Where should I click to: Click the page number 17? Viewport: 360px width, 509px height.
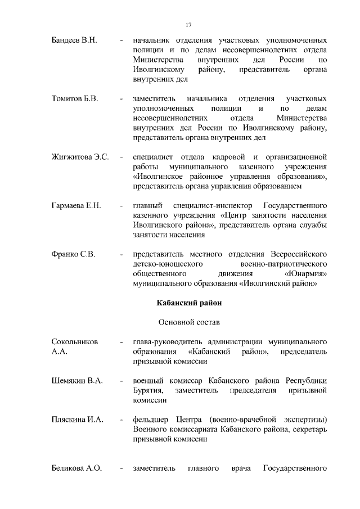click(188, 24)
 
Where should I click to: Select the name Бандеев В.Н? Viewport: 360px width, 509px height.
click(74, 41)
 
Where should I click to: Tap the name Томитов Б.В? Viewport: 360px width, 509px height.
click(75, 98)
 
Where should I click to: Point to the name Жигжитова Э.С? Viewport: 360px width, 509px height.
click(80, 156)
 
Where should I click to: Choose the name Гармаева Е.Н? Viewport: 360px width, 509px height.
click(76, 205)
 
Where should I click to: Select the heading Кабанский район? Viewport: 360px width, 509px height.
click(188, 303)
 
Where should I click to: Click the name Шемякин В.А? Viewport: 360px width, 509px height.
click(76, 381)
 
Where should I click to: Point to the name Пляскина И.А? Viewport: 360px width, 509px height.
click(76, 420)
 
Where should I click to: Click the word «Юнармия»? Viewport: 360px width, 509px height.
click(306, 273)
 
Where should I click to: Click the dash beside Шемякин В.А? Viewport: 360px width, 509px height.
click(121, 381)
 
